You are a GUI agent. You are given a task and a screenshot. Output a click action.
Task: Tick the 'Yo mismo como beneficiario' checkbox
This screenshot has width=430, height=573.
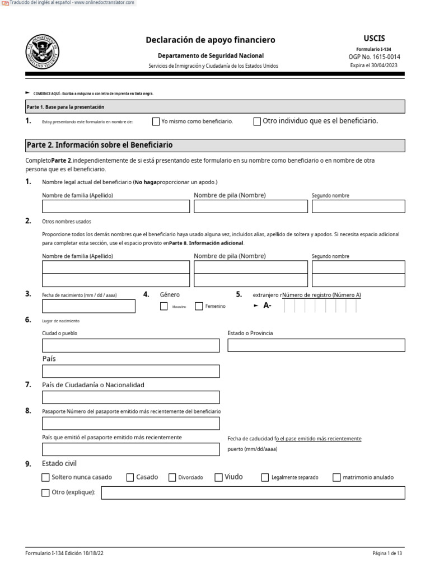[156, 121]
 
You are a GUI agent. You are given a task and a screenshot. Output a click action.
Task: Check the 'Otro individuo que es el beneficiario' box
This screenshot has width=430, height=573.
[257, 121]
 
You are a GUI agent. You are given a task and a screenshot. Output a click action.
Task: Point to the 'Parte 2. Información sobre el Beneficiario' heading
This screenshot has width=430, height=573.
[100, 145]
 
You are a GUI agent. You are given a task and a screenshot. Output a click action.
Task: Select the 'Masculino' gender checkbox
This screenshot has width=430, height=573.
[164, 306]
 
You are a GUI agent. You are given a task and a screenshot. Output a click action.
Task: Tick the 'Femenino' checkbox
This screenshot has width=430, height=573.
[199, 306]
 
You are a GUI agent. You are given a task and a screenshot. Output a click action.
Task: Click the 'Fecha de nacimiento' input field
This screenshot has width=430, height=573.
[88, 306]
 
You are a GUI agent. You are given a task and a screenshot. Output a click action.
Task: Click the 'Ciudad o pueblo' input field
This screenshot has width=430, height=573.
[130, 345]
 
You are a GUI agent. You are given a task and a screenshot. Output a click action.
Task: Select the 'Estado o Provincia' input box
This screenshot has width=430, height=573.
[316, 345]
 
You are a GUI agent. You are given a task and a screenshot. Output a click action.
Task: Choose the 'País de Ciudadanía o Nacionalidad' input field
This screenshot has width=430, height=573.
[130, 397]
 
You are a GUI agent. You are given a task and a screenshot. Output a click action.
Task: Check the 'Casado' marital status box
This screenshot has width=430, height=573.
[130, 477]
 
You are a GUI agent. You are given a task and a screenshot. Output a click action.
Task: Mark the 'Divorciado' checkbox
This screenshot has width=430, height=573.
[171, 477]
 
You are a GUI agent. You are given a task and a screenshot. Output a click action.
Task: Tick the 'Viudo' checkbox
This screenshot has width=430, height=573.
[218, 477]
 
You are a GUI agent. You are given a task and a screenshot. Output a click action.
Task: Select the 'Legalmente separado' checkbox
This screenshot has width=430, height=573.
[265, 477]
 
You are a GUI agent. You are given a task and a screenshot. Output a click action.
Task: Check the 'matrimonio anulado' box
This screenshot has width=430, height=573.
[336, 477]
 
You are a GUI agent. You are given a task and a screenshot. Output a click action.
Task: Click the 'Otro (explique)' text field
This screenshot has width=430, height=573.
[253, 493]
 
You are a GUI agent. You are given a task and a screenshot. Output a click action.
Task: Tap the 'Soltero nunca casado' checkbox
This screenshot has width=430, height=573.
[45, 477]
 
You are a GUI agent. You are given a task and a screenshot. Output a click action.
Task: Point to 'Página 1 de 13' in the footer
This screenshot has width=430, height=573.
[387, 553]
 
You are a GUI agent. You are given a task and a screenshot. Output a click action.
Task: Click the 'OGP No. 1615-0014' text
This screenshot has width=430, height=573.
[375, 57]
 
